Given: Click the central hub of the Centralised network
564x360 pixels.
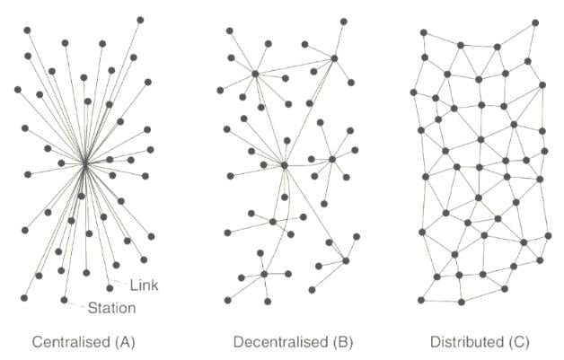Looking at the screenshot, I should (84, 163).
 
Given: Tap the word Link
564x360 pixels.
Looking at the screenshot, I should (144, 285).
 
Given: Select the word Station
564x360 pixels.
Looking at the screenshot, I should (112, 308).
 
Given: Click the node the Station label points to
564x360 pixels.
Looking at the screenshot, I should (64, 299).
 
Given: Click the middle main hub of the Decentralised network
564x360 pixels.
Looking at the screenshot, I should (283, 164).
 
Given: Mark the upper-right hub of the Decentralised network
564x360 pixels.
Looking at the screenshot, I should (333, 58).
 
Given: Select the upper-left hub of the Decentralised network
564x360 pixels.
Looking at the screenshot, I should (255, 73).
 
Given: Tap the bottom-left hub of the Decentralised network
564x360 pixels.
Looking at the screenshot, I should (264, 274).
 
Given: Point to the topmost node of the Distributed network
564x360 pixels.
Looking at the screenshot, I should (535, 22).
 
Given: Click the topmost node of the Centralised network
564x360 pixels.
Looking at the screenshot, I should (141, 19).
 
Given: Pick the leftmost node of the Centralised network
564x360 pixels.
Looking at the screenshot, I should (17, 89).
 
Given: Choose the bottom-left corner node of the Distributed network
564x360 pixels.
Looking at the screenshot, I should (420, 299).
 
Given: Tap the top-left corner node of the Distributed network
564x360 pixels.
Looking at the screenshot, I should (424, 33).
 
